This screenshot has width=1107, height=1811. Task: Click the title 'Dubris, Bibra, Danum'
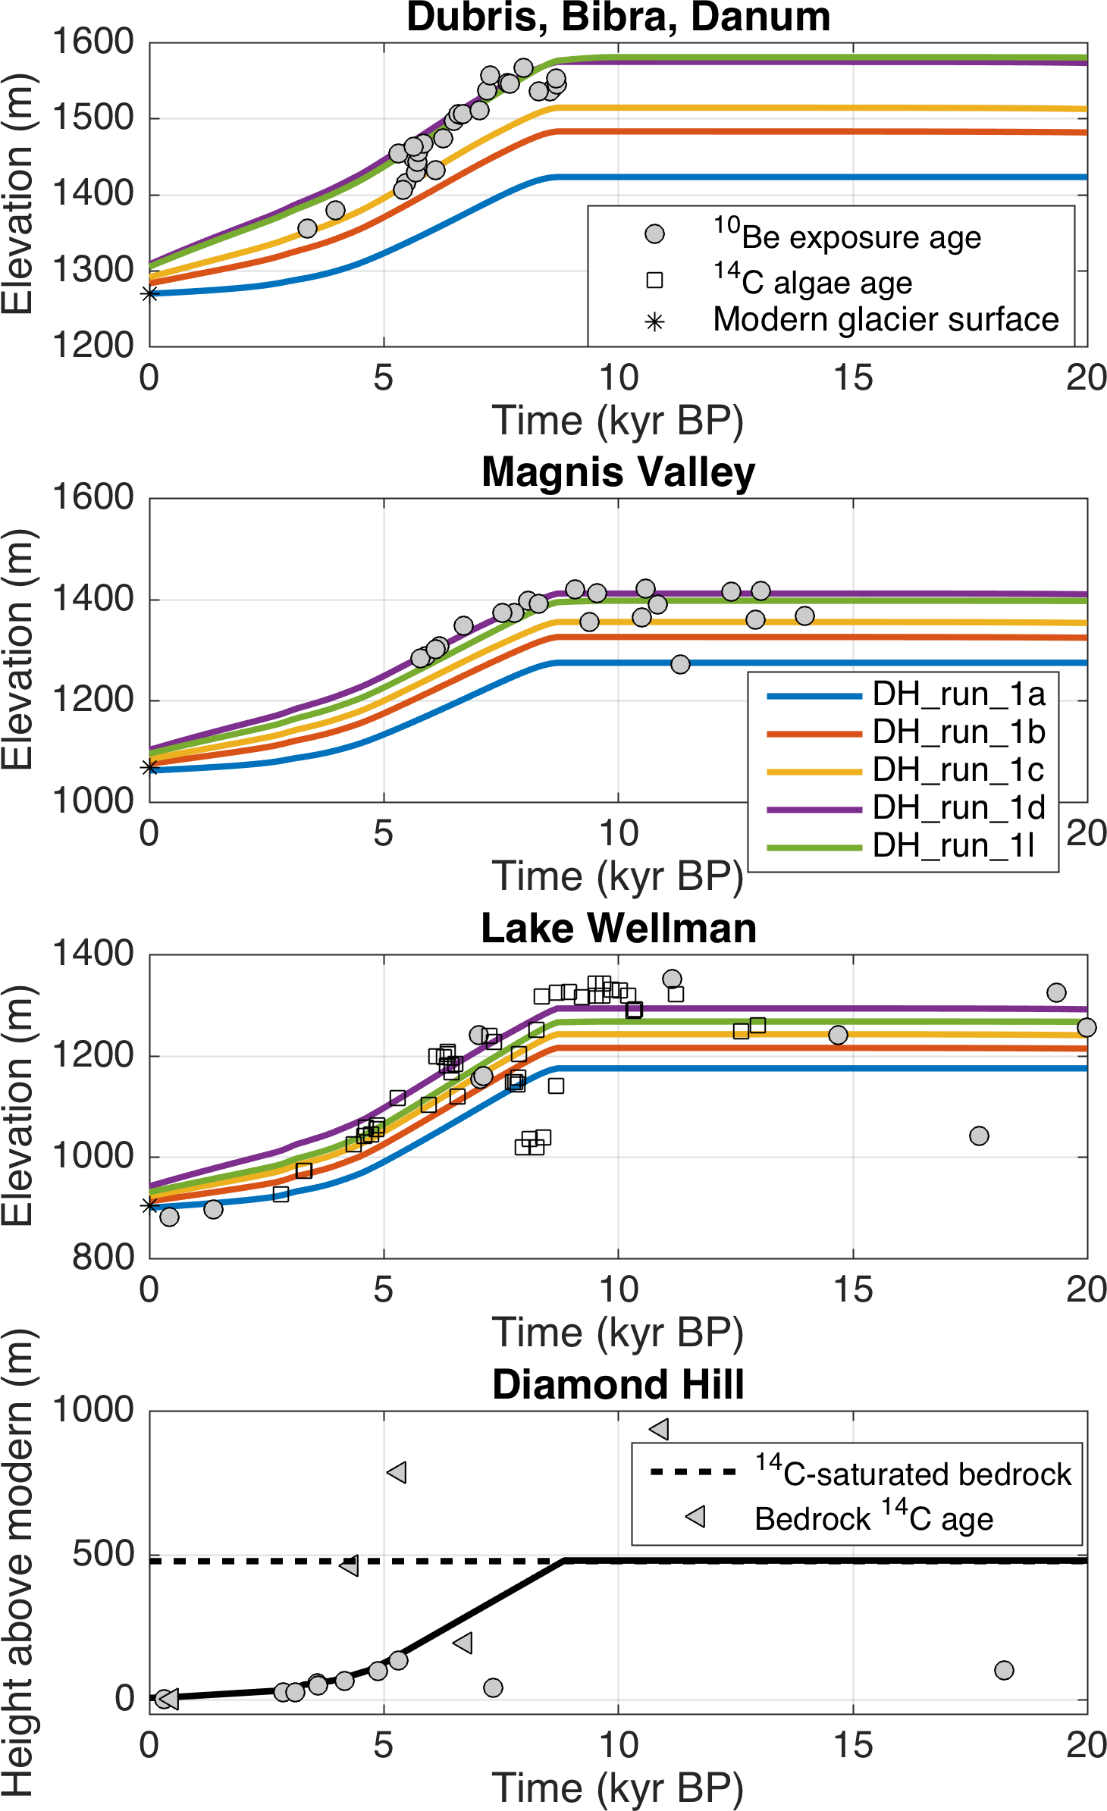tap(618, 17)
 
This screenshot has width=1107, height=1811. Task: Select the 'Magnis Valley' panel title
tap(618, 472)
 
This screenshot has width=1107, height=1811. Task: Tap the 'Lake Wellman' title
tap(618, 928)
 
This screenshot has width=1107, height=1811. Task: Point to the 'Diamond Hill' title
tap(618, 1384)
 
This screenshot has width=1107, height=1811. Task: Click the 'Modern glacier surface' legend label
tap(886, 320)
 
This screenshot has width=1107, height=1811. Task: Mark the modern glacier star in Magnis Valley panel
tap(150, 768)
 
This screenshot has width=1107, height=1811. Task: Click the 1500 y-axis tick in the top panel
tap(93, 118)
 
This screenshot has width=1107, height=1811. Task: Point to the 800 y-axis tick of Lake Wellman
tap(103, 1258)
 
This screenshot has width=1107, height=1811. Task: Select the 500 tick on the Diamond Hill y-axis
tap(103, 1555)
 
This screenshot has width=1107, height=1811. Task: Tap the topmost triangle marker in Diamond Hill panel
tap(659, 1429)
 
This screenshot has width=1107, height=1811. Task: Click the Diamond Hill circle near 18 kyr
tap(1004, 1670)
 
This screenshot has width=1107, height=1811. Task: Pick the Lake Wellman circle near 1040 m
tap(979, 1136)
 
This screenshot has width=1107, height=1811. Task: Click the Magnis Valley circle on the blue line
tap(680, 664)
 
